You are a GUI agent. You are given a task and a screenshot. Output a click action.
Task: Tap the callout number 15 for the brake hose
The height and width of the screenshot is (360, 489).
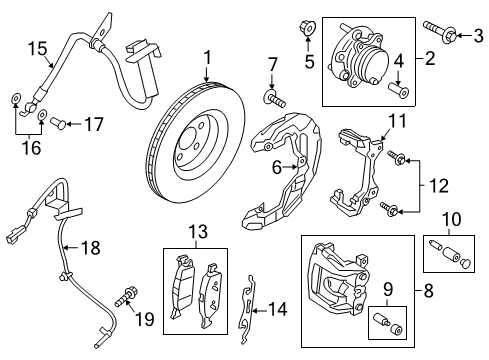pos(36,47)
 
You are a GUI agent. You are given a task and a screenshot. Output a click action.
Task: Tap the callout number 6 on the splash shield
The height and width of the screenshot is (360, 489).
pos(276,170)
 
